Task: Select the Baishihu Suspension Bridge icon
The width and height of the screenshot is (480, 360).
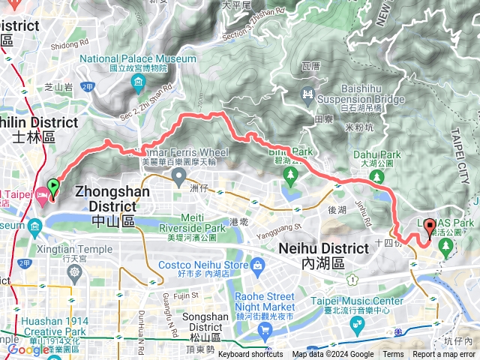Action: click(x=307, y=94)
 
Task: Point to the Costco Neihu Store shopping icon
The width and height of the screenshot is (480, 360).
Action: click(x=258, y=265)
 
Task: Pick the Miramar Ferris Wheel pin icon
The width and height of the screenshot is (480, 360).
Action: click(x=178, y=177)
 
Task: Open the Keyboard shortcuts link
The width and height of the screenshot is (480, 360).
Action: click(x=250, y=355)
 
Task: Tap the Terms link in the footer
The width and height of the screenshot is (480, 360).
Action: click(x=393, y=355)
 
